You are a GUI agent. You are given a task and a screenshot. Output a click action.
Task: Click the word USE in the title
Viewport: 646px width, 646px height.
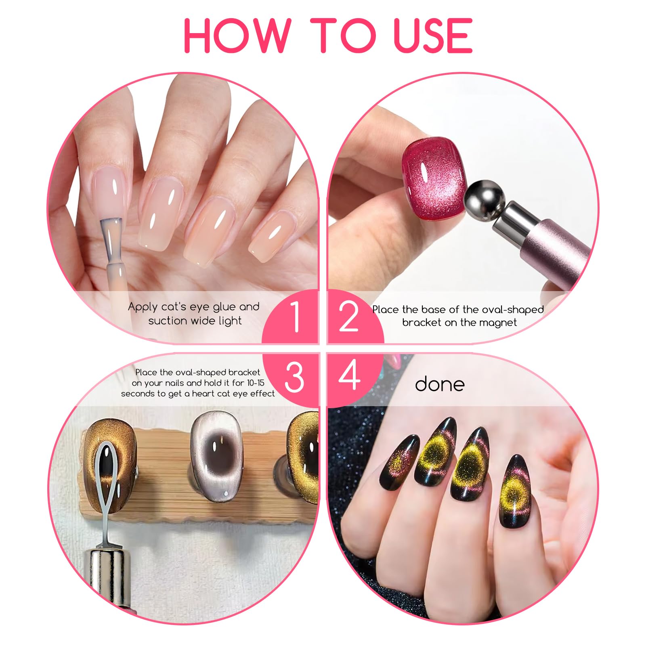433,35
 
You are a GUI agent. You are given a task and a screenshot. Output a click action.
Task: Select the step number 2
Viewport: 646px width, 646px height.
348,317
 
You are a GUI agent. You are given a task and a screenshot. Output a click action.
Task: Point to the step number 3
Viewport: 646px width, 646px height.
294,377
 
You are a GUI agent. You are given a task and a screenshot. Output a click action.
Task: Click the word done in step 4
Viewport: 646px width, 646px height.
440,384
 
